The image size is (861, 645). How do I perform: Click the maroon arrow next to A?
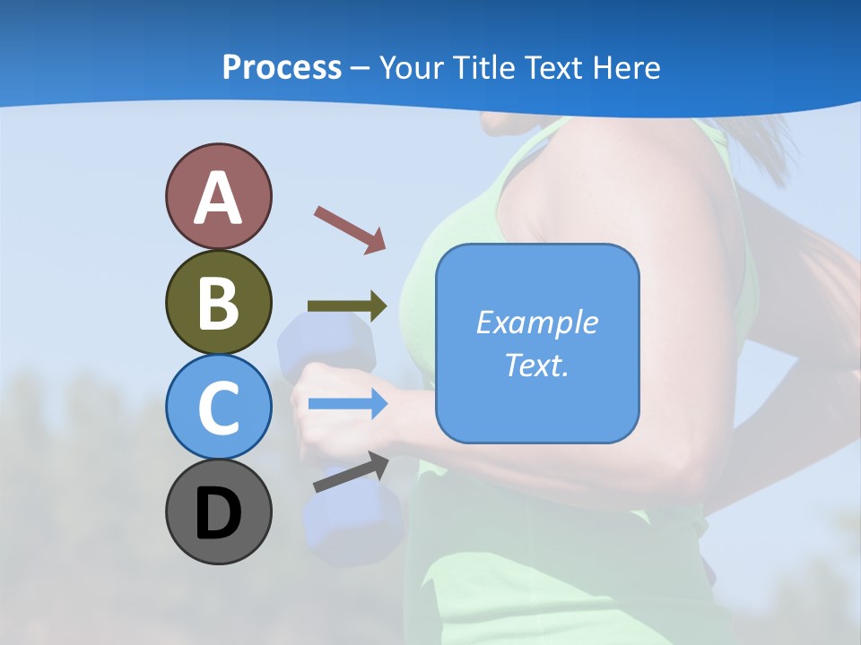350,229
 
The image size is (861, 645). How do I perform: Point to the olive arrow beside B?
347,306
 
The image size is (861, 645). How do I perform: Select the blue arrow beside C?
348,404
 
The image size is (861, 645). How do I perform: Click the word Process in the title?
282,67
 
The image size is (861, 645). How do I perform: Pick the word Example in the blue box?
537,322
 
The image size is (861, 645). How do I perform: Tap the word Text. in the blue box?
537,365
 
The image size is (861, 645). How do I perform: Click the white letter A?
218,199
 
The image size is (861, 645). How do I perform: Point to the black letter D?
218,513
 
